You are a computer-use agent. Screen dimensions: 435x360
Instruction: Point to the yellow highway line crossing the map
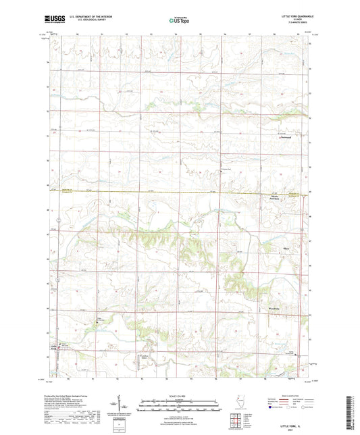click(x=169, y=193)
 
